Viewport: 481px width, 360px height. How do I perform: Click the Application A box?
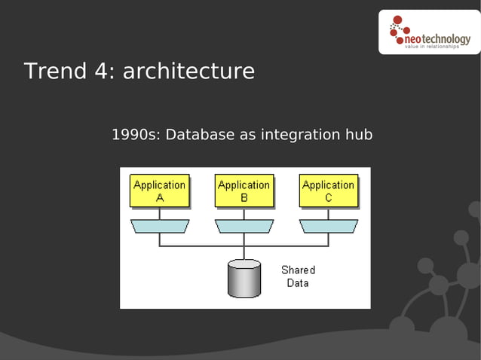[x=159, y=191]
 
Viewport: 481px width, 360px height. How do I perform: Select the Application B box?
[x=244, y=191]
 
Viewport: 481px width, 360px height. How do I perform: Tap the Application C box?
[x=328, y=191]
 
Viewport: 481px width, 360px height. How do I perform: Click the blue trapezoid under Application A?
[x=159, y=226]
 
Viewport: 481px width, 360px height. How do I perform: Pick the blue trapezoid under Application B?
[x=244, y=226]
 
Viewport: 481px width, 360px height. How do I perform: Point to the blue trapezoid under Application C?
[x=328, y=226]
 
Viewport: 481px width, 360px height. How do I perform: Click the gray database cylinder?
[x=244, y=278]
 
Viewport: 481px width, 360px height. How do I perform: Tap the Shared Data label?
[x=298, y=276]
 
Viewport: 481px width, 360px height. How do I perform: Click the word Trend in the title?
[x=52, y=72]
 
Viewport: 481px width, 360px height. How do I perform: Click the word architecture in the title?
[x=188, y=72]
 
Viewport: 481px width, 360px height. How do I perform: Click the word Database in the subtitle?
[x=200, y=135]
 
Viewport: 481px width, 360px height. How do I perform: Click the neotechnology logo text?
[x=437, y=38]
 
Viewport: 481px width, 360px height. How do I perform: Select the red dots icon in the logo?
[x=397, y=29]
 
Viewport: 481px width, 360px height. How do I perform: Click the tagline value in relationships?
[x=432, y=47]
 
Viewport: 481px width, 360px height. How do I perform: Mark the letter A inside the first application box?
[x=159, y=198]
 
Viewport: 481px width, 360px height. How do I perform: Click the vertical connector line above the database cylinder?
[x=244, y=252]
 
